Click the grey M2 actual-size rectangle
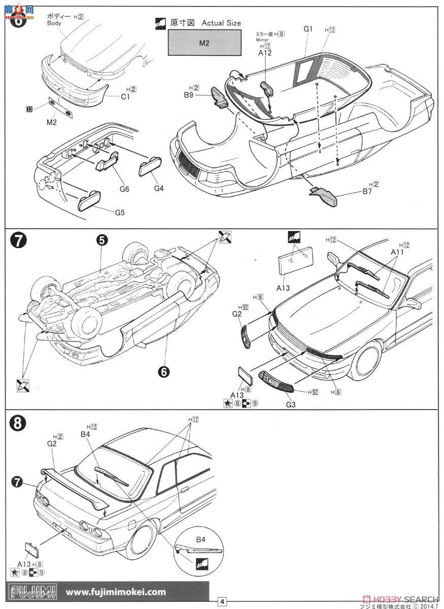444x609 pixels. (204, 43)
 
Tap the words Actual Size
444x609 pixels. (221, 23)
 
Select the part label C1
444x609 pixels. (125, 97)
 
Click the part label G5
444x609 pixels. (119, 212)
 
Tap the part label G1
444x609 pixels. (308, 29)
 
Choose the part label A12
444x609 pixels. (265, 53)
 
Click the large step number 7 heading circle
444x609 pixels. (18, 242)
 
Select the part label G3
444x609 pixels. (290, 404)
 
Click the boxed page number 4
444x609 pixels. (222, 601)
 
